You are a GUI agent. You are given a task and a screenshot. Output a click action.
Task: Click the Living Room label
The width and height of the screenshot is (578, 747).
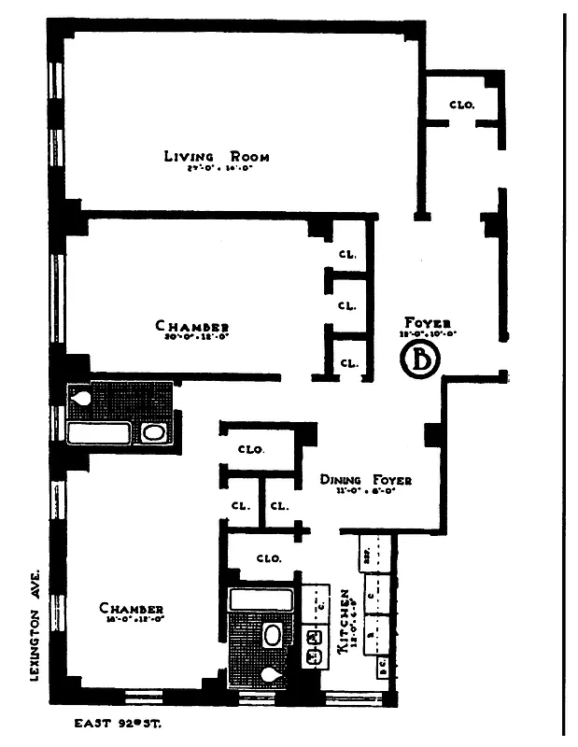tap(216, 157)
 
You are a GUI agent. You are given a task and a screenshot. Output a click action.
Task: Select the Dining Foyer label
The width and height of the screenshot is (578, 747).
tap(365, 480)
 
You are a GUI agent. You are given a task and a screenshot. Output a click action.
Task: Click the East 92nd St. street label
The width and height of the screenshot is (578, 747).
tap(119, 722)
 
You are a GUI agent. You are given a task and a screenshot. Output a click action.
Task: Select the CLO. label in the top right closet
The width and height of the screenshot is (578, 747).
tap(461, 106)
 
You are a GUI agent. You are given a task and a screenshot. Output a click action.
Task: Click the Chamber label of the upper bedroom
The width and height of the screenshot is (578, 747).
tap(192, 326)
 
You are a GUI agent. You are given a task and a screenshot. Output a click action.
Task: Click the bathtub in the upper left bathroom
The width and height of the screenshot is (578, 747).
tap(98, 432)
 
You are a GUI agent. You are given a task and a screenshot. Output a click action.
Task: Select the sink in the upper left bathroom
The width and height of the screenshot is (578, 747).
tap(154, 432)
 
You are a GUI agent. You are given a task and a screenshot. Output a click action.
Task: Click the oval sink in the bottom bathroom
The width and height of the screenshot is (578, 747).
tap(272, 637)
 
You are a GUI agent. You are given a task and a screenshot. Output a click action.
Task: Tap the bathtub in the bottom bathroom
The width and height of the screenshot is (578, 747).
tap(261, 599)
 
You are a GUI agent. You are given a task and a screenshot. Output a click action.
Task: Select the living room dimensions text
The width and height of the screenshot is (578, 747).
tap(216, 172)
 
